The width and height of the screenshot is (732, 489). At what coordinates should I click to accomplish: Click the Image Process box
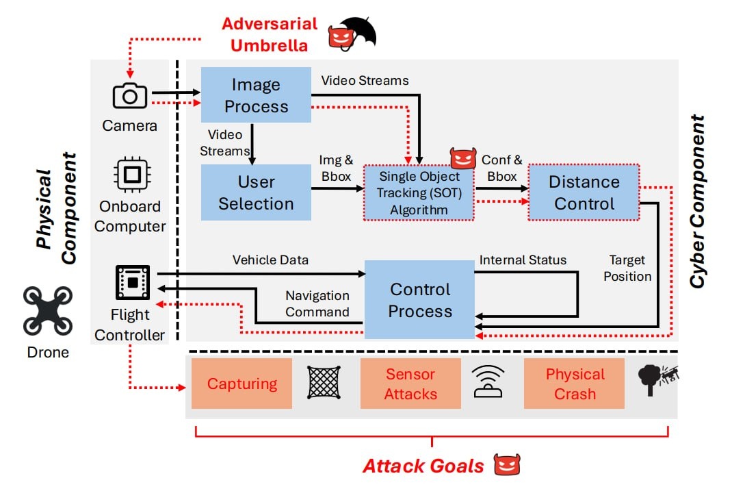click(256, 95)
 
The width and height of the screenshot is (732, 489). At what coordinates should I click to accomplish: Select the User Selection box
click(256, 192)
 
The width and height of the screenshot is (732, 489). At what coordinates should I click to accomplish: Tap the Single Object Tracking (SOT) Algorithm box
click(419, 192)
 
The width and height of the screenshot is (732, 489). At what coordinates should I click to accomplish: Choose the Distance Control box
click(584, 192)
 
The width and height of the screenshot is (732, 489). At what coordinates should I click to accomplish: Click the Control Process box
click(419, 300)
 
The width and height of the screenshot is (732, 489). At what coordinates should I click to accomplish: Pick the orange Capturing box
click(241, 384)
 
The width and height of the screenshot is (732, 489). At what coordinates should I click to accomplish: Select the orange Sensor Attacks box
click(410, 384)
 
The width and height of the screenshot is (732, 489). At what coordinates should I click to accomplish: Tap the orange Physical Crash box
click(575, 384)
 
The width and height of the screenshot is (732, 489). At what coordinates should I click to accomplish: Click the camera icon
click(129, 96)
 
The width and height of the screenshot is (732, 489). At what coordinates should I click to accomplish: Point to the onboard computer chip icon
click(129, 174)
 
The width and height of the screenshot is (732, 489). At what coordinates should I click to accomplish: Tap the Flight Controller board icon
click(131, 281)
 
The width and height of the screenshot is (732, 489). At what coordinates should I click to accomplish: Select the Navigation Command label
click(317, 303)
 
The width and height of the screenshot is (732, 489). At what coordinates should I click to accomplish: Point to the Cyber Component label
click(696, 202)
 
